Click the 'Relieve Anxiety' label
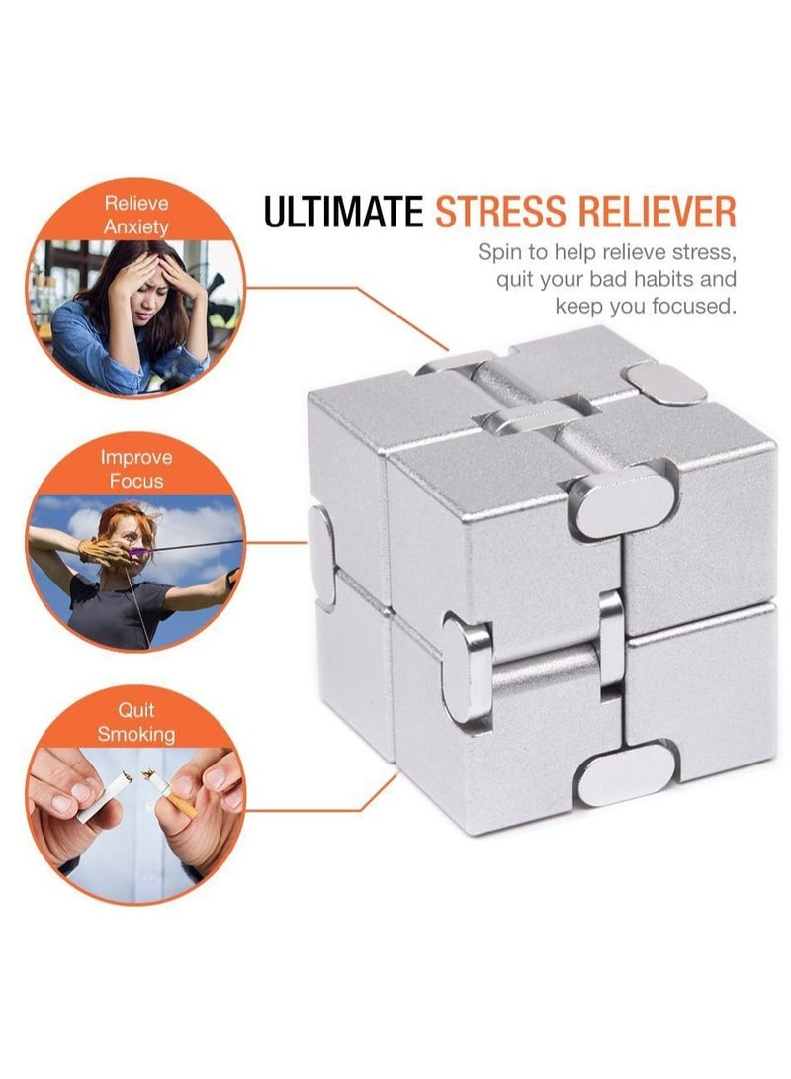(x=136, y=215)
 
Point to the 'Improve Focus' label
(x=136, y=469)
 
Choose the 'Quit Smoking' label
(x=136, y=722)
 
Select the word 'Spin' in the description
(x=500, y=251)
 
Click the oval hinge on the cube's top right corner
(x=666, y=384)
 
